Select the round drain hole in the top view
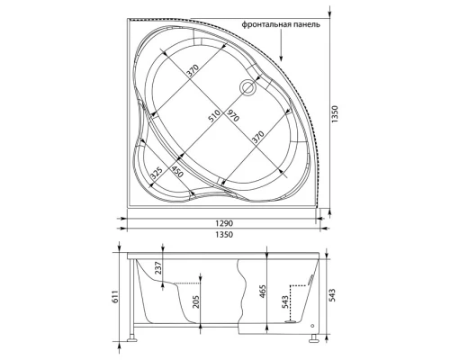tap(247, 87)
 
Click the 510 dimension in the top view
tap(213, 116)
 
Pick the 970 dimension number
tap(231, 115)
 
